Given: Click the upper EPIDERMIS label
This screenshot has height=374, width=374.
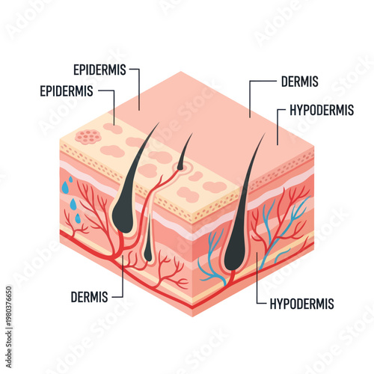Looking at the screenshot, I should pyautogui.click(x=101, y=70).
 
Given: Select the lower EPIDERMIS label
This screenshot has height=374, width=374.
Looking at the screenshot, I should pyautogui.click(x=67, y=91).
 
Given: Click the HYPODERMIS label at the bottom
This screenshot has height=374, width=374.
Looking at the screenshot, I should pyautogui.click(x=299, y=304).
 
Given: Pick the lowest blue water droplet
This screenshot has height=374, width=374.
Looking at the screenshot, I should pyautogui.click(x=77, y=218).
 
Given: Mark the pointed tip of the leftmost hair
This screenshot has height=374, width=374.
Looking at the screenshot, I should pyautogui.click(x=158, y=125).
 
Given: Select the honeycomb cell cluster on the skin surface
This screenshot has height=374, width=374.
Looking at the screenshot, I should pyautogui.click(x=88, y=137).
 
